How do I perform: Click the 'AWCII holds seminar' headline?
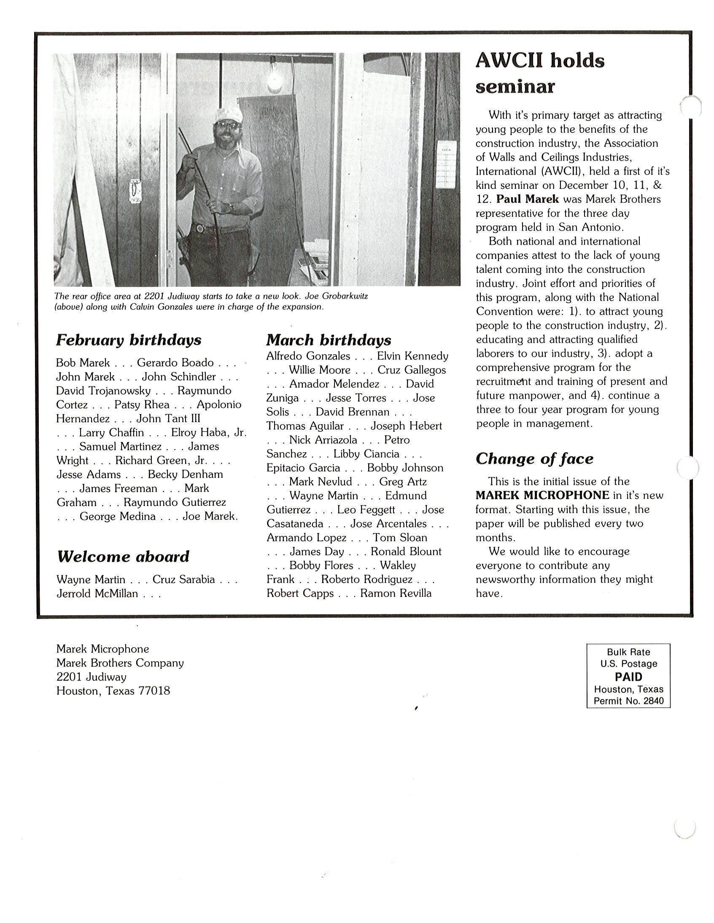(539, 73)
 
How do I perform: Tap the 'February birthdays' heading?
(129, 340)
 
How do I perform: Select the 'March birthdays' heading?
(329, 340)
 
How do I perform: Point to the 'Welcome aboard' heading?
(123, 556)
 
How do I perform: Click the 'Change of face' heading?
(534, 458)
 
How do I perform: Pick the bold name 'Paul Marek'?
(527, 199)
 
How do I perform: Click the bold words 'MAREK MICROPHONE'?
(542, 495)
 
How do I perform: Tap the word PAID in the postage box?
(628, 677)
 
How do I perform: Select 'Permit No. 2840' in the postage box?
(628, 701)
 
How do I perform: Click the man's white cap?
(229, 114)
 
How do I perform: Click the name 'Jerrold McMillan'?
(97, 593)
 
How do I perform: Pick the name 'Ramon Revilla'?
(396, 593)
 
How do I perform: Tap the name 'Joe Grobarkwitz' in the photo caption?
(336, 296)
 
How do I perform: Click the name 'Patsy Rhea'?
(142, 404)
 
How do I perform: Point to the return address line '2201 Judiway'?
(92, 677)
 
